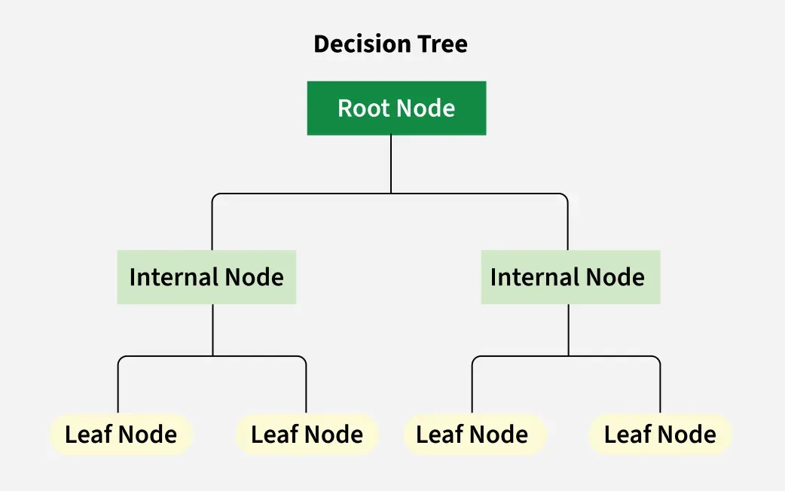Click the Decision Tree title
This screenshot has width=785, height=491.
[390, 44]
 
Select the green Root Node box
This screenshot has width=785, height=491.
[396, 108]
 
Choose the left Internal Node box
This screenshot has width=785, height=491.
[206, 277]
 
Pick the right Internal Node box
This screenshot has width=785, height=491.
[570, 277]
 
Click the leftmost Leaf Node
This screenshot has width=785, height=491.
[121, 435]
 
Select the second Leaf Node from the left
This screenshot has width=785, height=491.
[307, 435]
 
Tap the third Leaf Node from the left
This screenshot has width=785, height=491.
[472, 435]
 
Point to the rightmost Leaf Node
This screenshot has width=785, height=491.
[660, 435]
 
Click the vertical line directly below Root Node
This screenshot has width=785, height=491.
[391, 164]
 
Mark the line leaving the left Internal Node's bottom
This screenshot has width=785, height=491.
[212, 330]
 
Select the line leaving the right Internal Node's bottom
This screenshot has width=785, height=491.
[569, 330]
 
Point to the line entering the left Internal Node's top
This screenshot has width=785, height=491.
[212, 226]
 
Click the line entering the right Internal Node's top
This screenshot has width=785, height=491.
[568, 226]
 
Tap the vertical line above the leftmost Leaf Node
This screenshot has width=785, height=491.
[118, 388]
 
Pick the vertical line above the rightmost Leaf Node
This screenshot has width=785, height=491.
[661, 388]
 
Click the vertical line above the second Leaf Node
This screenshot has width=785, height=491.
[306, 388]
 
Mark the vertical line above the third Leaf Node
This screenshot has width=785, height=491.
[472, 388]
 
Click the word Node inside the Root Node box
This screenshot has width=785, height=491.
[426, 108]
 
